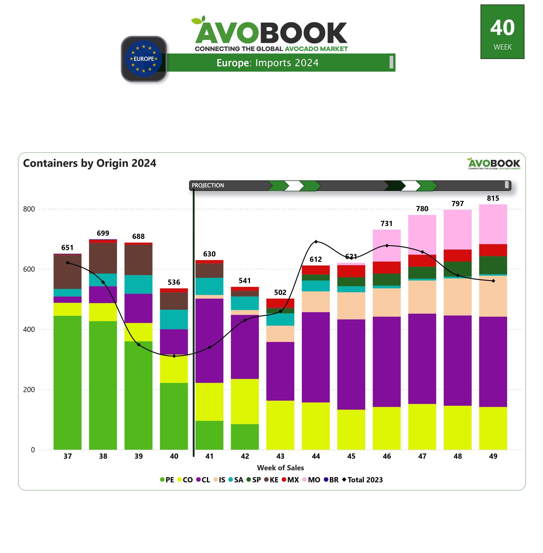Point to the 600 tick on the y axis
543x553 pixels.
click(x=29, y=269)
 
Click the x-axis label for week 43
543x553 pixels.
click(x=280, y=456)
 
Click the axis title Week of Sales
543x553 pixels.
click(x=280, y=468)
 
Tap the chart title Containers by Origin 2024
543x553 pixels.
click(x=89, y=163)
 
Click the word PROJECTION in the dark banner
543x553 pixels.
click(x=208, y=185)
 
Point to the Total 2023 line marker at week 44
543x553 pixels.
click(x=316, y=242)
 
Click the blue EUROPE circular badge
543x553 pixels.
click(x=144, y=59)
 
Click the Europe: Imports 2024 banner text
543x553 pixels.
click(x=267, y=63)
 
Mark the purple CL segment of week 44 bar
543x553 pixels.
click(x=316, y=357)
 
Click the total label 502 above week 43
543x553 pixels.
click(x=280, y=292)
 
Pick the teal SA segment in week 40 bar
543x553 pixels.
click(x=174, y=319)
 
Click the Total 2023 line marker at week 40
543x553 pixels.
click(x=174, y=356)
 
